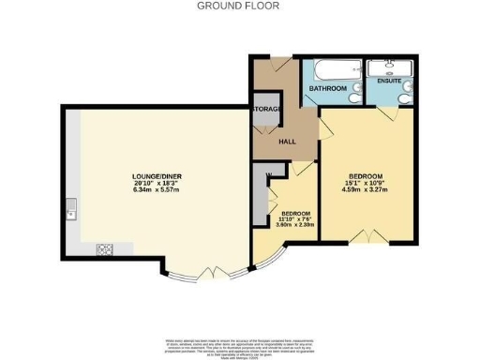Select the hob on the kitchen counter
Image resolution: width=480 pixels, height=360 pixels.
(x=105, y=249)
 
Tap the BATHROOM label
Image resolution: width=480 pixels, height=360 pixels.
(x=329, y=89)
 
